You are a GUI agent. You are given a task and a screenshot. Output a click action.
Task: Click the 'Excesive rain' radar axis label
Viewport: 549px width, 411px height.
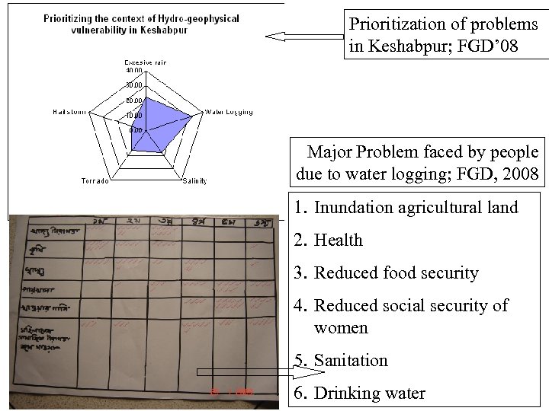tap(145, 62)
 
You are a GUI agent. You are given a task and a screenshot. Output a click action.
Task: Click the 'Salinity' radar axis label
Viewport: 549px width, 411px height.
tap(195, 180)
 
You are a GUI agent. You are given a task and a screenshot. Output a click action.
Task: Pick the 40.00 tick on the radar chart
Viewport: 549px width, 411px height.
tap(133, 69)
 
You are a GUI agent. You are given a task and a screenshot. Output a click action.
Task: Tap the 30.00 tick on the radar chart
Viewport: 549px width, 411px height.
tap(133, 84)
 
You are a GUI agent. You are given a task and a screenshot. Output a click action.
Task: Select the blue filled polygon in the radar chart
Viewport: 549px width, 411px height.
tap(156, 122)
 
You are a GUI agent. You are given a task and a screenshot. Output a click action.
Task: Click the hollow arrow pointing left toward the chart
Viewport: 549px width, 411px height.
tap(303, 36)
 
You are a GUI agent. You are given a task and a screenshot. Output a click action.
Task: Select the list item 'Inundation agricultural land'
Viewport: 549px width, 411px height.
tap(416, 207)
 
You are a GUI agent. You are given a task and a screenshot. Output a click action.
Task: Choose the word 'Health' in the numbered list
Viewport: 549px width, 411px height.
tap(338, 240)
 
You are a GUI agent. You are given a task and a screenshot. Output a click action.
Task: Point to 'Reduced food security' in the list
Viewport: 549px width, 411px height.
tap(396, 272)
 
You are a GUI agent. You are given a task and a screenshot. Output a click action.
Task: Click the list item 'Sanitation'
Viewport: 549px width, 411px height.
tap(351, 361)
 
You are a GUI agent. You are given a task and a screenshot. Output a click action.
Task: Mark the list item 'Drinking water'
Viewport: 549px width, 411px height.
tap(370, 393)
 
